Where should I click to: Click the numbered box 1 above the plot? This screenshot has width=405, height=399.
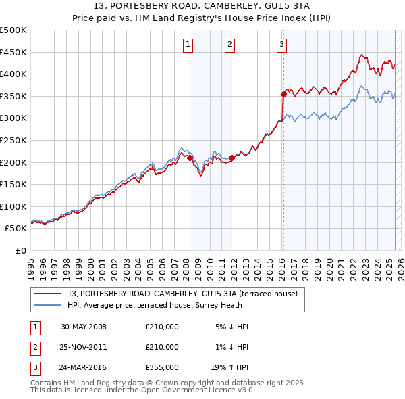(x=187, y=45)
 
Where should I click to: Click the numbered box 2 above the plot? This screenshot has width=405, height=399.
(x=230, y=45)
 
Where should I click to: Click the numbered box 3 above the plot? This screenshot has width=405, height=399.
(x=281, y=45)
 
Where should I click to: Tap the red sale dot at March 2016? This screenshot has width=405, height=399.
(x=283, y=94)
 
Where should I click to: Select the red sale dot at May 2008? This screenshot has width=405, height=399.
(x=190, y=158)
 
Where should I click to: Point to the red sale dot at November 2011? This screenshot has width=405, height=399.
(x=232, y=158)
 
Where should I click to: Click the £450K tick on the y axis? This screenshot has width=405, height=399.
(x=13, y=52)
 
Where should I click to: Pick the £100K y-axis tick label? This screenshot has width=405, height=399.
(x=13, y=206)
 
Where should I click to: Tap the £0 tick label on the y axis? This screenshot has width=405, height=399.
(x=20, y=250)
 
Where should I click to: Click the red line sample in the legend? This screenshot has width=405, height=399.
(x=48, y=293)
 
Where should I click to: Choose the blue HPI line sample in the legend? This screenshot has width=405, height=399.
(x=48, y=305)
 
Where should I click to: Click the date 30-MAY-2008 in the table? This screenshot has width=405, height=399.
(x=84, y=327)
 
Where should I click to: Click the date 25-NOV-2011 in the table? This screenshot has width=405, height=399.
(x=84, y=347)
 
